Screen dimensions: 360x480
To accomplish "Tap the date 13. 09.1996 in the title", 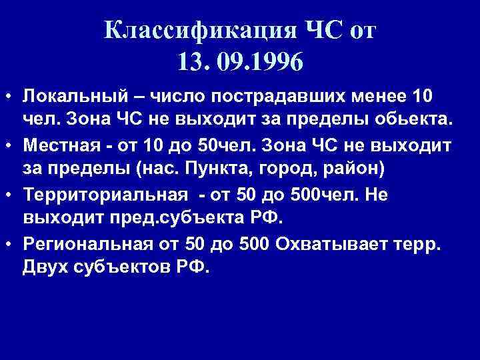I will pos(240,63).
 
